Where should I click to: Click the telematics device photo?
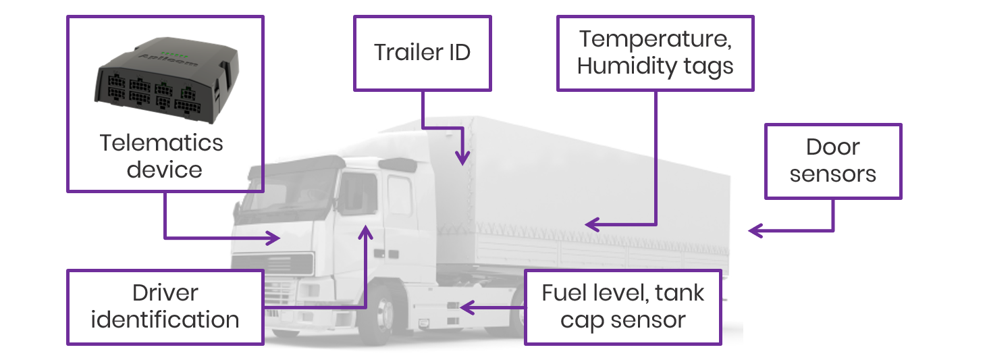point(167,79)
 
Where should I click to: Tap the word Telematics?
point(161,143)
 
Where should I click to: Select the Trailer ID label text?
point(422,53)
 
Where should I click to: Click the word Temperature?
point(656,40)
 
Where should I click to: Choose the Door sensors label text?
point(833,160)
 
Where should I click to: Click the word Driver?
point(165,293)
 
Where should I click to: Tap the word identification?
point(165,319)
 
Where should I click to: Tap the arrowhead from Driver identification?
point(365,232)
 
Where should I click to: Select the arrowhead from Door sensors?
point(755,230)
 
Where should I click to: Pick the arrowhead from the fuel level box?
point(467,307)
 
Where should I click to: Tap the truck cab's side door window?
point(358,194)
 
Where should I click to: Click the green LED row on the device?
point(175,55)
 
